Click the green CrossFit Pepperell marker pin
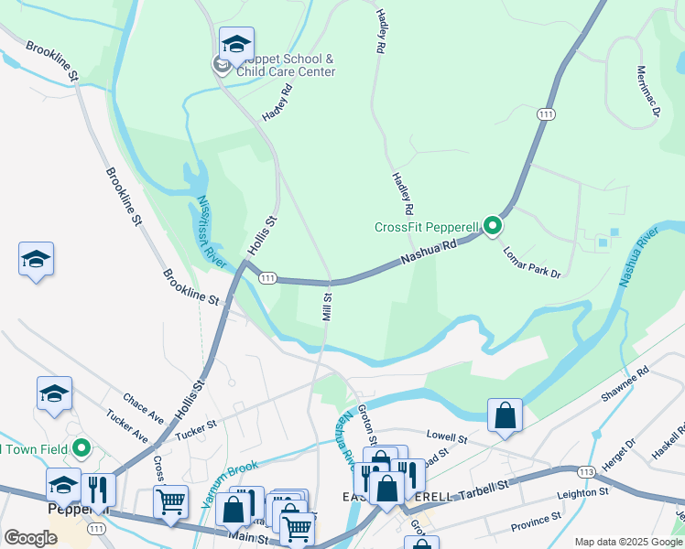(493, 224)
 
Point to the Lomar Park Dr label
(531, 261)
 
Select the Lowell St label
(447, 438)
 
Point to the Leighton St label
(583, 493)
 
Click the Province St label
(535, 525)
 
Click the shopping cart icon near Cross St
(170, 502)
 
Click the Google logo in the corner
(31, 538)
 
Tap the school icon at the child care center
(236, 44)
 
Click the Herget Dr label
(619, 455)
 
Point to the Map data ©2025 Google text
(628, 542)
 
